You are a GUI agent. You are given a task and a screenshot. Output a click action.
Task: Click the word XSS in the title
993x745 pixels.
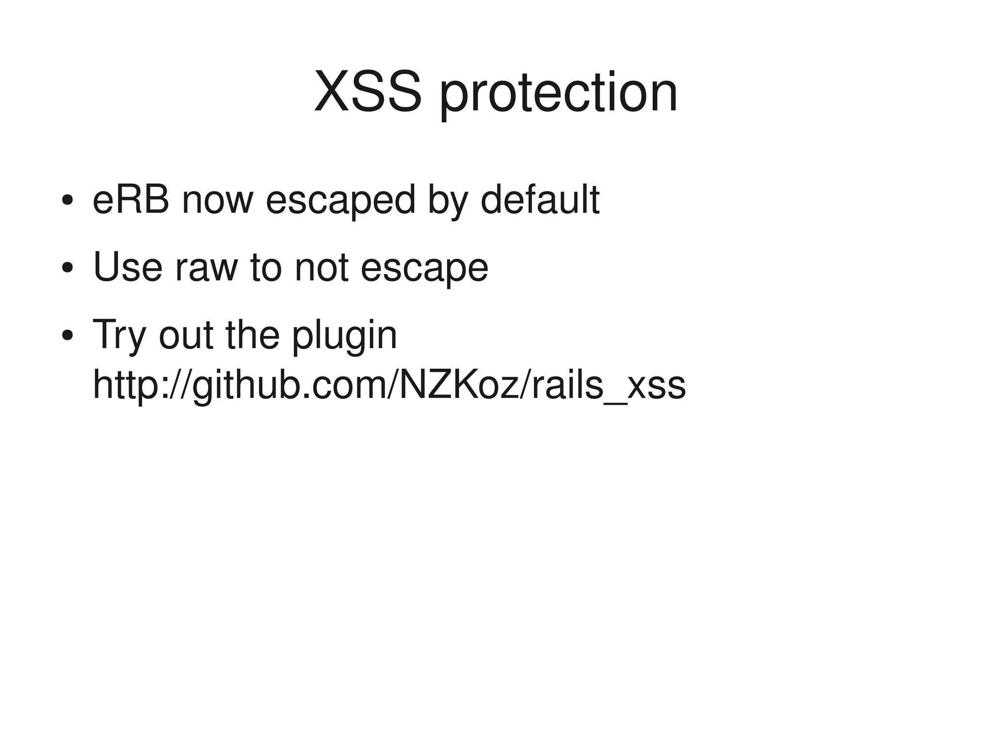pyautogui.click(x=368, y=92)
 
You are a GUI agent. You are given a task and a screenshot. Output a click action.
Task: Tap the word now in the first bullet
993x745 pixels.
pyautogui.click(x=218, y=200)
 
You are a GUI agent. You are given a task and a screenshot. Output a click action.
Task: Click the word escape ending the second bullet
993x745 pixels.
pyautogui.click(x=424, y=268)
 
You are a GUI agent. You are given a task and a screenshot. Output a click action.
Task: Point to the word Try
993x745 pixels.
pyautogui.click(x=119, y=335)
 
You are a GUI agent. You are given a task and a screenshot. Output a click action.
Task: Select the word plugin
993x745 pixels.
pyautogui.click(x=344, y=336)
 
